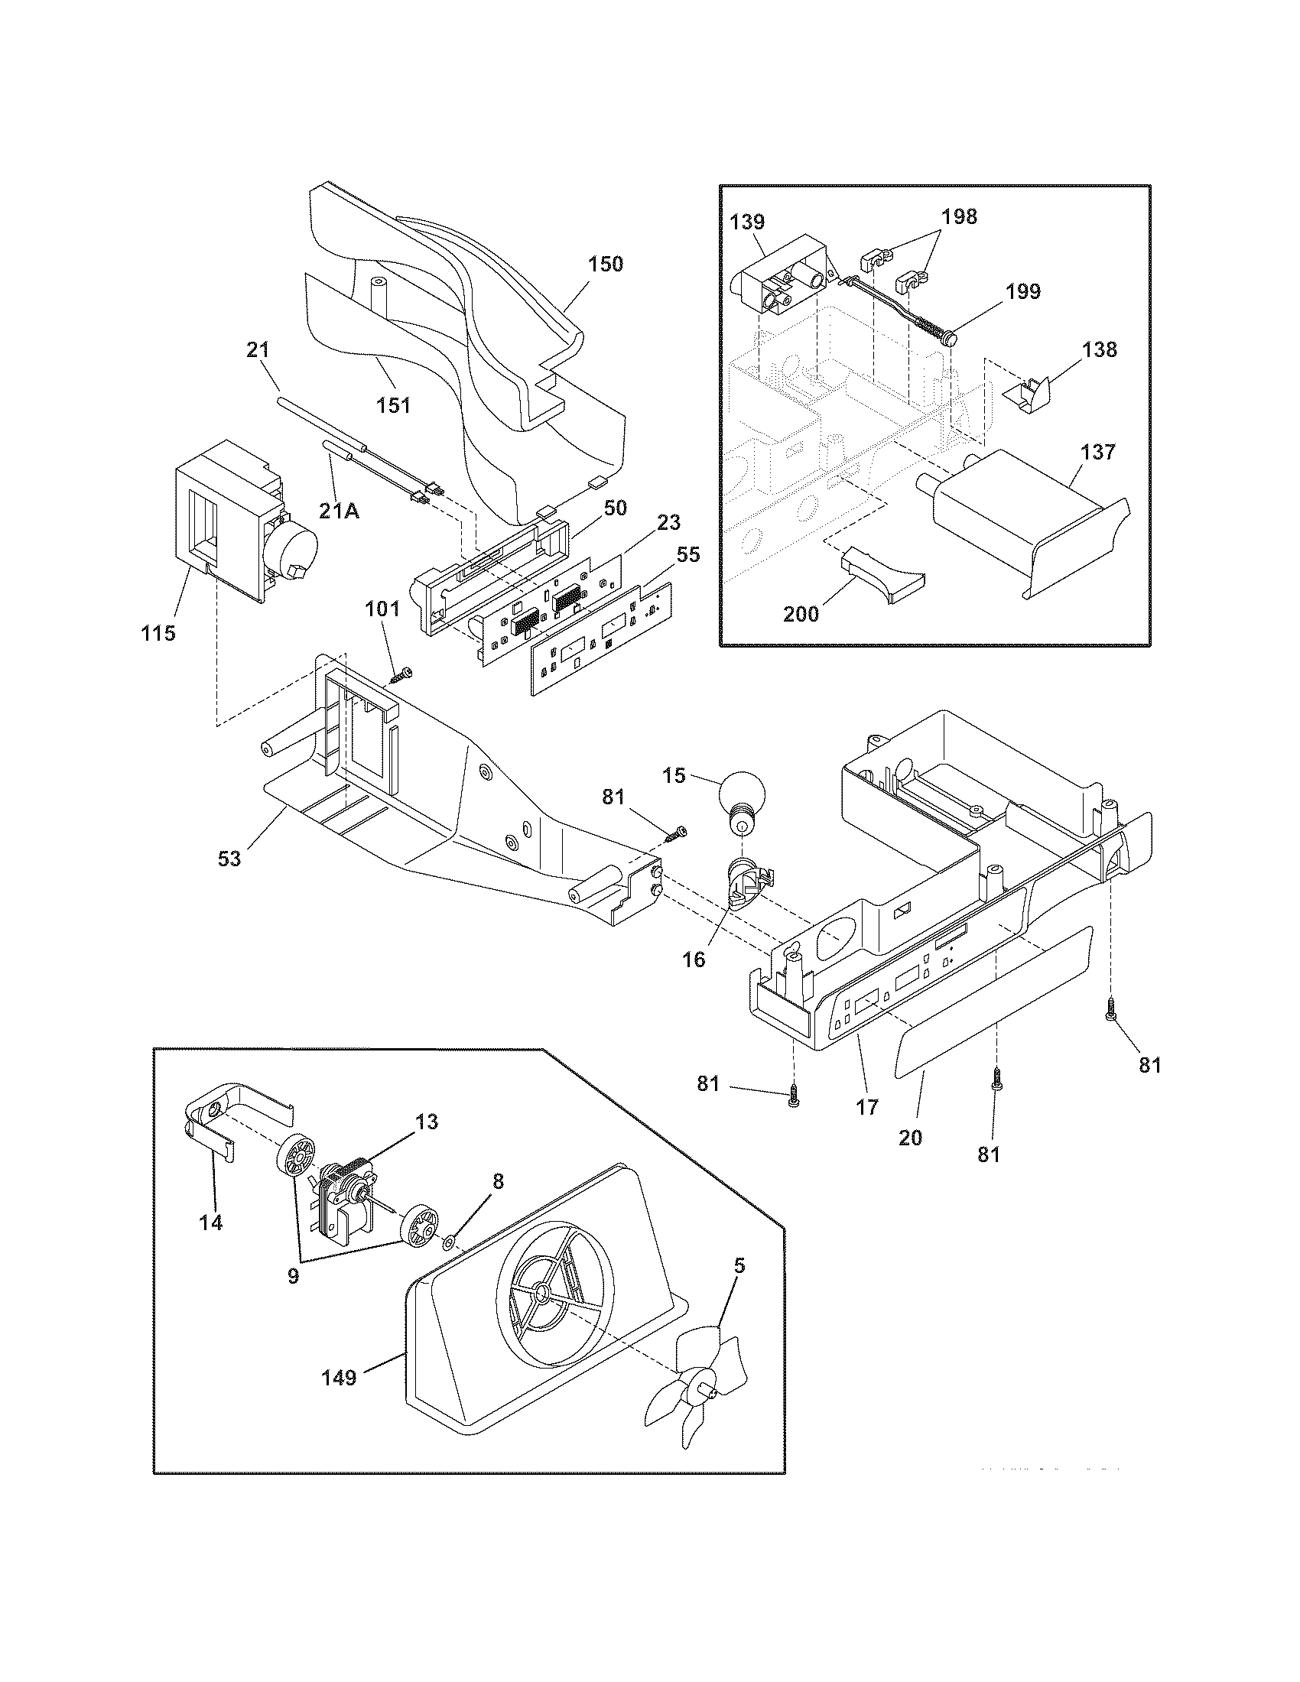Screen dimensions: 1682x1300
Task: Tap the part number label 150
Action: tap(606, 265)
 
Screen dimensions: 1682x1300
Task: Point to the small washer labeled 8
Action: tap(448, 1242)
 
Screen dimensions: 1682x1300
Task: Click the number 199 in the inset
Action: tap(1022, 292)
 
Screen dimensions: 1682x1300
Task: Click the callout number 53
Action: tap(229, 858)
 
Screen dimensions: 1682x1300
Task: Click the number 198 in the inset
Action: tap(959, 217)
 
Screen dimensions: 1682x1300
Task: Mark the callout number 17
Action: tap(867, 1108)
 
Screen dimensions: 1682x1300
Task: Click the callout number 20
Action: tap(910, 1137)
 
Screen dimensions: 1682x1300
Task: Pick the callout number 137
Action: tap(1097, 452)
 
